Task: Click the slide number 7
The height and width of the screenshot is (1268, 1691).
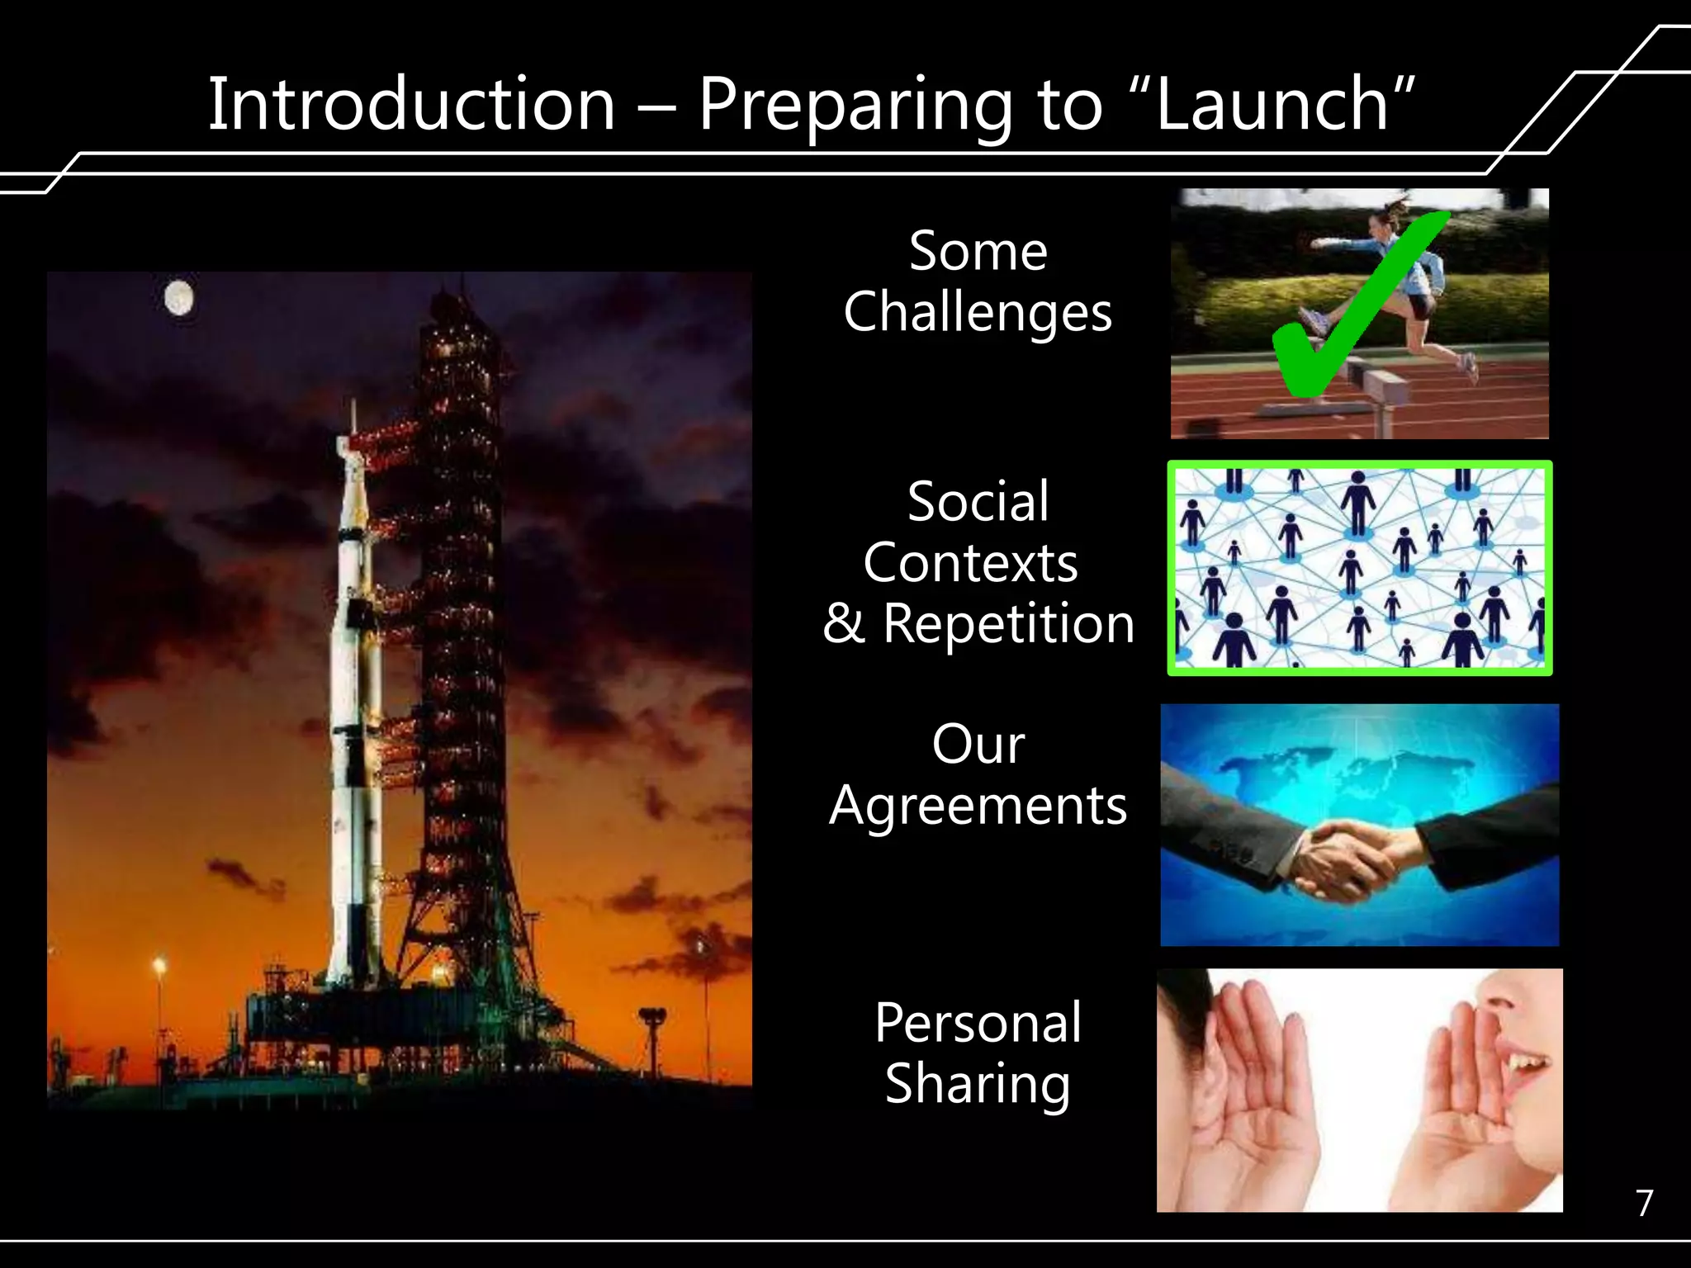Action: pyautogui.click(x=1644, y=1204)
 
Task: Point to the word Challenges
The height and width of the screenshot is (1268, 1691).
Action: pyautogui.click(x=978, y=313)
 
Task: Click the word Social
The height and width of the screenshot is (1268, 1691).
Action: pyautogui.click(x=978, y=501)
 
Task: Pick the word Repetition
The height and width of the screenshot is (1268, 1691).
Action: pyautogui.click(x=1008, y=623)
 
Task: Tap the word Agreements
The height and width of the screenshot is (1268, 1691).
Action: pyautogui.click(x=978, y=807)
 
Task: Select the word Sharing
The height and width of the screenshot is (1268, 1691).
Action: pyautogui.click(x=978, y=1085)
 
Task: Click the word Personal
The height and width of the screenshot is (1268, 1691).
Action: pyautogui.click(x=978, y=1023)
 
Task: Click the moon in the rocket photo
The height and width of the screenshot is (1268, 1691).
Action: pyautogui.click(x=178, y=298)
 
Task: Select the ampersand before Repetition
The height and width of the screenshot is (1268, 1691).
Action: pyautogui.click(x=843, y=624)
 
